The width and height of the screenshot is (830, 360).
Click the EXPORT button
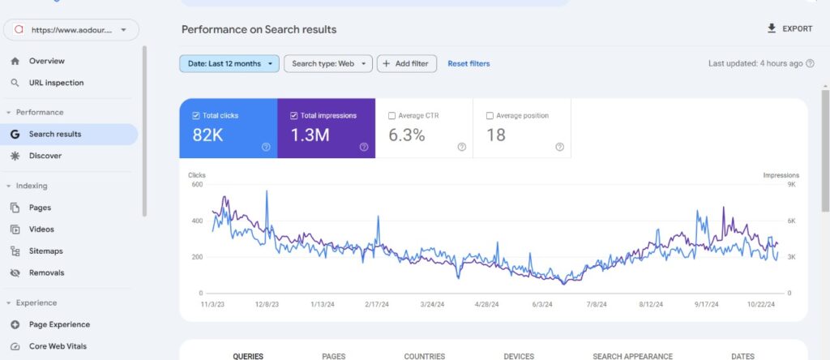(x=789, y=29)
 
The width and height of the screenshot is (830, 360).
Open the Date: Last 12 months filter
(x=229, y=63)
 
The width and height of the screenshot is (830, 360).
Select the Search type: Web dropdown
(x=327, y=63)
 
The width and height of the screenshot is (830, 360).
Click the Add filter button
(x=407, y=63)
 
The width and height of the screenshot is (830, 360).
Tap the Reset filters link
(x=468, y=63)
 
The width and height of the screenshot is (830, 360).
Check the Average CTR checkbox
(x=392, y=116)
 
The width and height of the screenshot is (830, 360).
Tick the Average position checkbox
(x=490, y=116)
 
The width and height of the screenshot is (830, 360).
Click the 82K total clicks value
(x=207, y=135)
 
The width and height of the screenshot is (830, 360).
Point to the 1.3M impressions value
(x=310, y=135)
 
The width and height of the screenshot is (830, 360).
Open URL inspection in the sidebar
(x=56, y=83)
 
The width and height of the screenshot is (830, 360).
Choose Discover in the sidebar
(x=45, y=156)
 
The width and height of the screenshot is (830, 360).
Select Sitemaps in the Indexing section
(x=46, y=251)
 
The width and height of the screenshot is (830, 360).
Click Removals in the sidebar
(x=46, y=273)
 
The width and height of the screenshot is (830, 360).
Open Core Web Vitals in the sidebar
(x=58, y=346)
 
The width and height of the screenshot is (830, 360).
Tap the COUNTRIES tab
(x=425, y=356)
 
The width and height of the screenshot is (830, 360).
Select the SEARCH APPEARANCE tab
(x=632, y=356)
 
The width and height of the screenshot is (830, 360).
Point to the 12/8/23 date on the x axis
(x=266, y=305)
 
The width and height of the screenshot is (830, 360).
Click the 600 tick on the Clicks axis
(x=195, y=184)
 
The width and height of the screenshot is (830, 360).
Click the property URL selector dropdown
(x=71, y=30)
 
